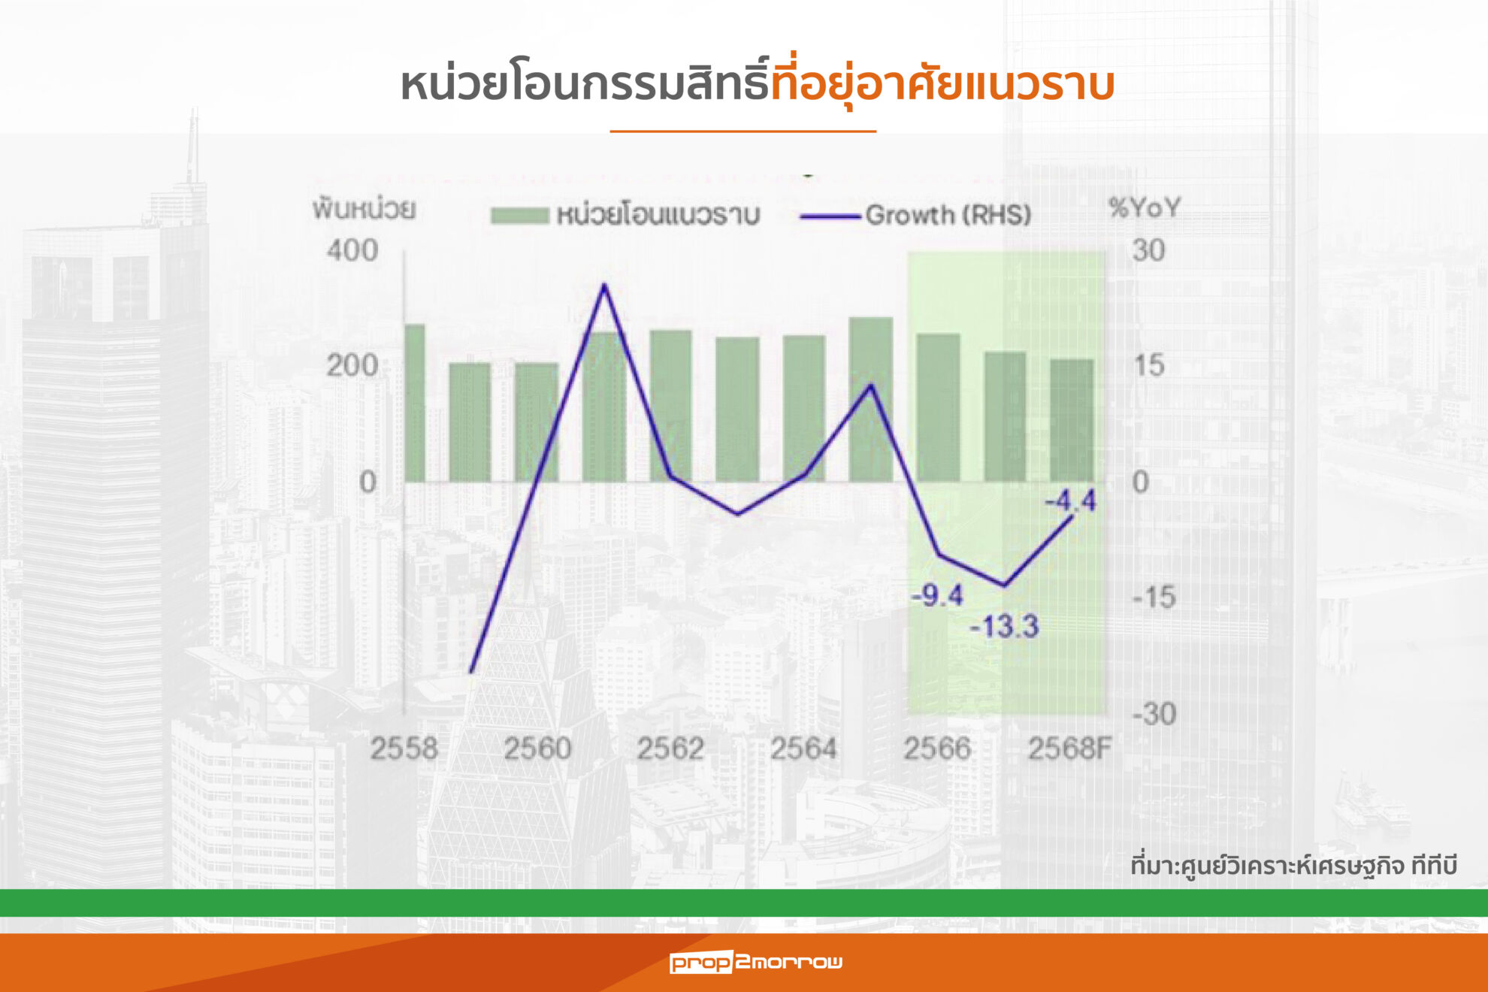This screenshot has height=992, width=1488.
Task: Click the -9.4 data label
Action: pyautogui.click(x=937, y=596)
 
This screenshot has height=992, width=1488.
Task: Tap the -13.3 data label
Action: pyautogui.click(x=1004, y=626)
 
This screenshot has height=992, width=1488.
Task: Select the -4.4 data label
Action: pyautogui.click(x=1071, y=501)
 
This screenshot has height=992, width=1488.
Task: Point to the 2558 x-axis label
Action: pyautogui.click(x=404, y=749)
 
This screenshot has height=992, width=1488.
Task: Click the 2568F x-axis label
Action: pyautogui.click(x=1069, y=749)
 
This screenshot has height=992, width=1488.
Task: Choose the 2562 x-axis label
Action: pyautogui.click(x=670, y=749)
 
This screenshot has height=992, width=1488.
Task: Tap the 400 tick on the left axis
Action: pyautogui.click(x=352, y=250)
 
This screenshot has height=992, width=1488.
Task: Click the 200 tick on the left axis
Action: pyautogui.click(x=352, y=366)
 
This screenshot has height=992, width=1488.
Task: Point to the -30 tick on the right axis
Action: pyautogui.click(x=1154, y=714)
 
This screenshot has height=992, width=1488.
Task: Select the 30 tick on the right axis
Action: pyautogui.click(x=1148, y=250)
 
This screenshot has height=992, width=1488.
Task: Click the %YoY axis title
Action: pyautogui.click(x=1145, y=208)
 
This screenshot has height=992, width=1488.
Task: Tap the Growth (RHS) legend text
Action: pyautogui.click(x=948, y=216)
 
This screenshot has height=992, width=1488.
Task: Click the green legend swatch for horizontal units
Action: pyautogui.click(x=519, y=216)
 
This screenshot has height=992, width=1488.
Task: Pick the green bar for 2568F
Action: pyautogui.click(x=1072, y=421)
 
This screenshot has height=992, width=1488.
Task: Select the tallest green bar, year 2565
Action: pyautogui.click(x=871, y=400)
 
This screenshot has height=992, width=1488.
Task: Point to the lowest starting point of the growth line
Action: pyautogui.click(x=471, y=671)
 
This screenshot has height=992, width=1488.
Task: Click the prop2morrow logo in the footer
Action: pyautogui.click(x=756, y=962)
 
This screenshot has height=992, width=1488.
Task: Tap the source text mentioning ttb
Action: pyautogui.click(x=1294, y=866)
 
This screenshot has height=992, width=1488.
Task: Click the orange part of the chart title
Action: pyautogui.click(x=942, y=84)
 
